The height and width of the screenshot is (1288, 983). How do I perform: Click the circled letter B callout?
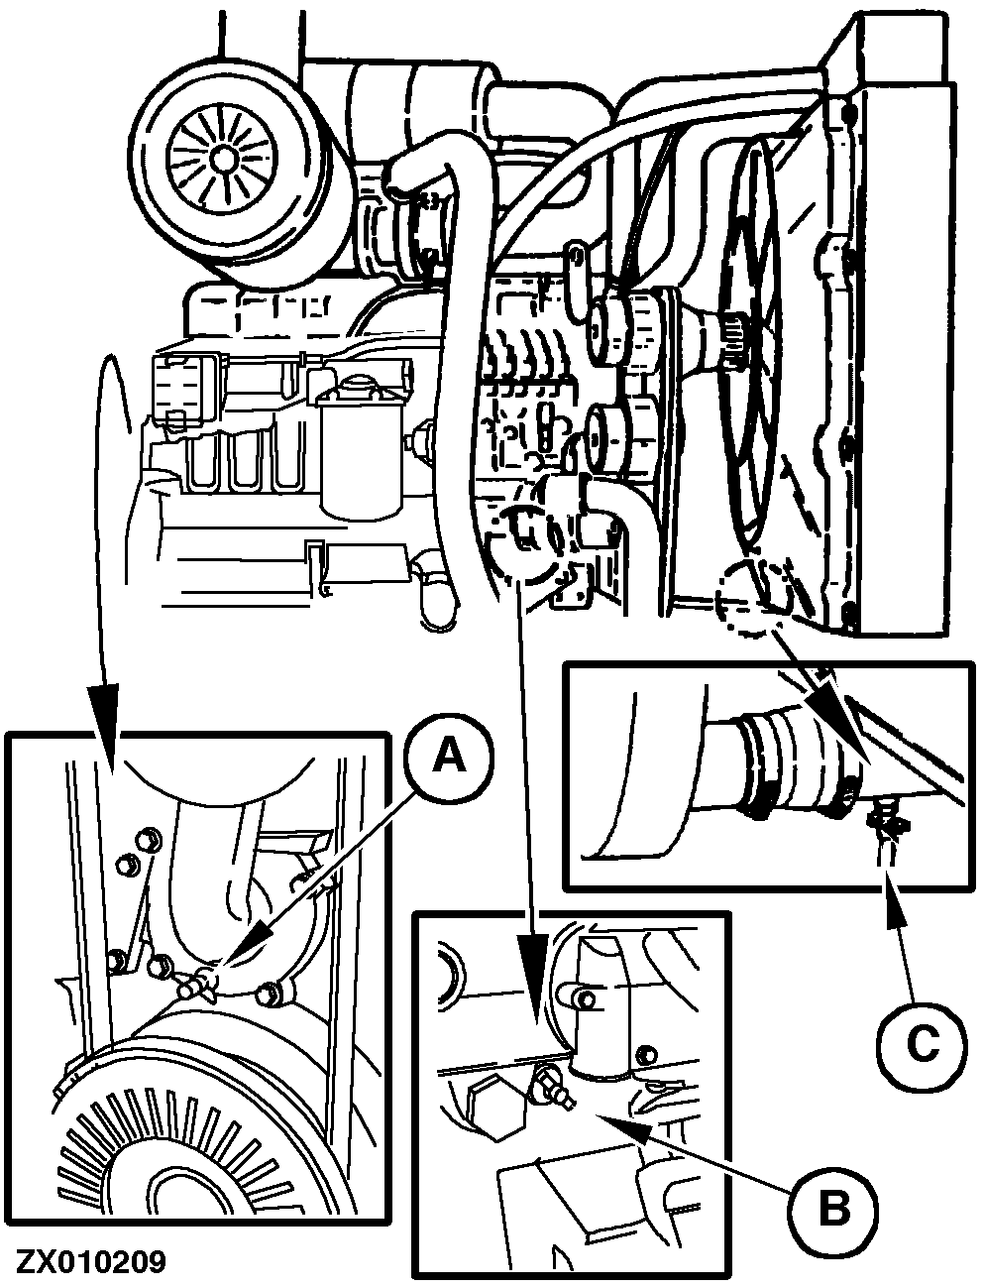[x=832, y=1208]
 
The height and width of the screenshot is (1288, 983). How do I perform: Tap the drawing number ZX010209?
[x=90, y=1262]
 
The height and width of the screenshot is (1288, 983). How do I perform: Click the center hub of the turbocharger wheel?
[x=220, y=157]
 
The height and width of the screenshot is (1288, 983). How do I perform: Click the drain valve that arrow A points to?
[x=201, y=983]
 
